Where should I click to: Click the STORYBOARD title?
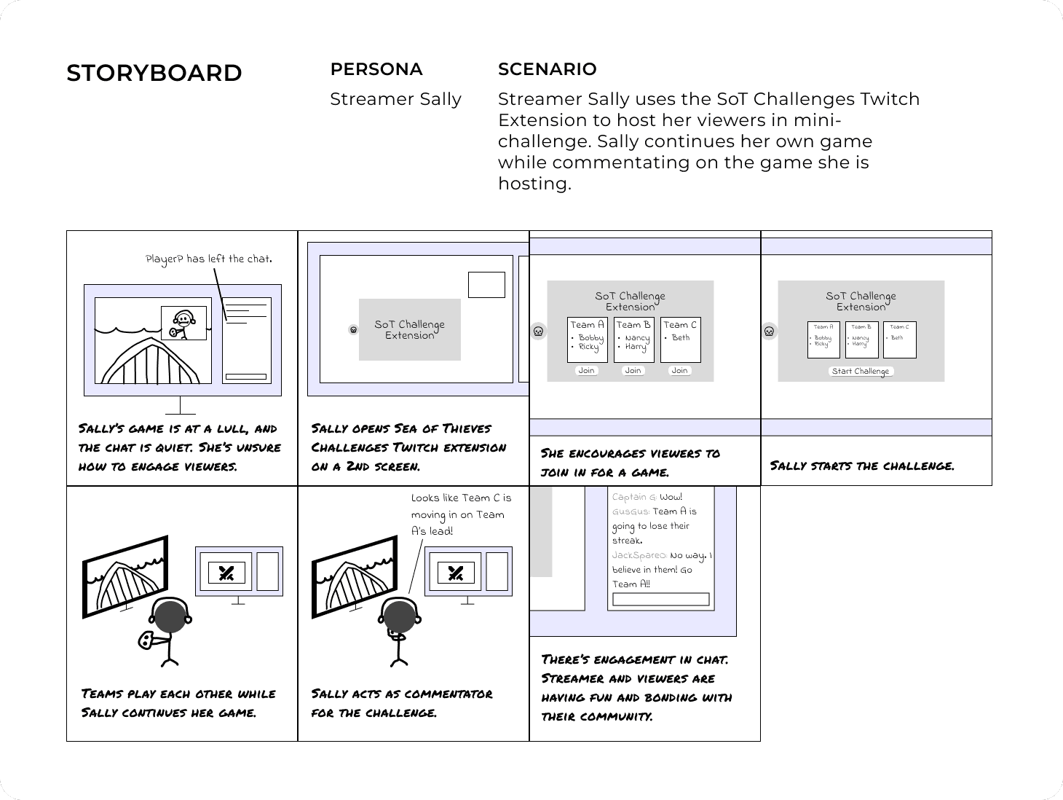click(154, 74)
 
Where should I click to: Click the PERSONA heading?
click(376, 69)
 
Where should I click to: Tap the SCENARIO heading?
click(547, 69)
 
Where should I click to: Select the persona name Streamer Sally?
click(395, 99)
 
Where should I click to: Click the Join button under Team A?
click(586, 371)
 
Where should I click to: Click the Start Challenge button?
click(860, 371)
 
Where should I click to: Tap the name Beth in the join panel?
click(681, 338)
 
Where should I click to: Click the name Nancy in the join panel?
click(637, 338)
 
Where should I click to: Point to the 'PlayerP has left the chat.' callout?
click(208, 259)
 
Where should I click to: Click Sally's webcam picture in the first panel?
click(183, 323)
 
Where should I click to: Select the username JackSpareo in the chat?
click(639, 555)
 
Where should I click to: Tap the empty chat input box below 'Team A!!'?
click(660, 600)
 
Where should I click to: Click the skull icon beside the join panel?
click(538, 332)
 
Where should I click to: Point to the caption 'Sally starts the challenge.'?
click(861, 466)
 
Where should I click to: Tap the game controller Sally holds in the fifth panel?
click(146, 640)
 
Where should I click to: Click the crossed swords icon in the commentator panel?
click(456, 573)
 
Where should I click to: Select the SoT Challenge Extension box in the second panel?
click(409, 329)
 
